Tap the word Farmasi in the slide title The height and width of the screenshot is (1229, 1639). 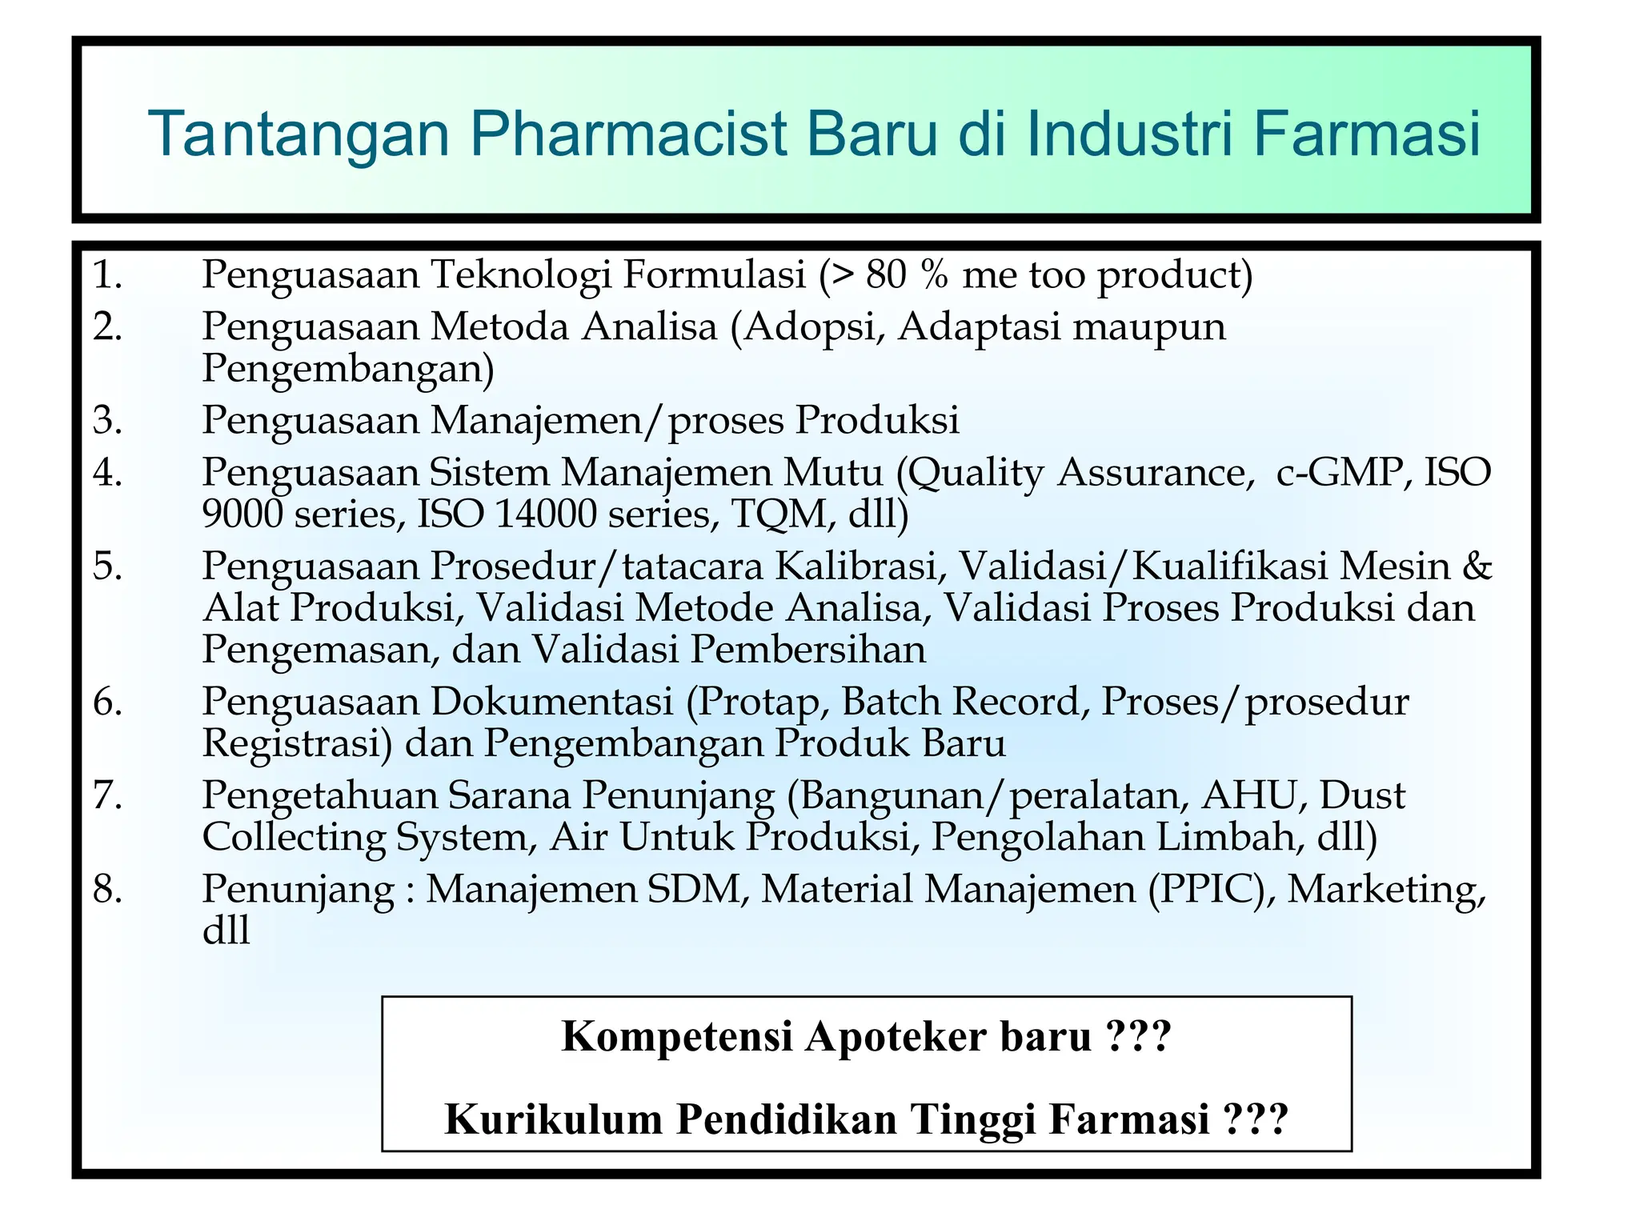point(1366,134)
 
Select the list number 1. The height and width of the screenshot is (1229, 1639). point(107,274)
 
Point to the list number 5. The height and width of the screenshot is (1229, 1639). point(107,566)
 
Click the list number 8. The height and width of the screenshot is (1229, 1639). point(107,889)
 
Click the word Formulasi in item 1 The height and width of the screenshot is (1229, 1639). point(714,274)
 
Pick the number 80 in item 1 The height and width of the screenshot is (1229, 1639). point(886,274)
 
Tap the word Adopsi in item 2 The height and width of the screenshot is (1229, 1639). point(808,326)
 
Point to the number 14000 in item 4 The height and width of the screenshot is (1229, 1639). point(547,514)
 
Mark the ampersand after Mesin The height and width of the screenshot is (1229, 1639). point(1477,566)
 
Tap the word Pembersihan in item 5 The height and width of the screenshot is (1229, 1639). point(807,649)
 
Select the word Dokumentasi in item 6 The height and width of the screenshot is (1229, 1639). point(551,702)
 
